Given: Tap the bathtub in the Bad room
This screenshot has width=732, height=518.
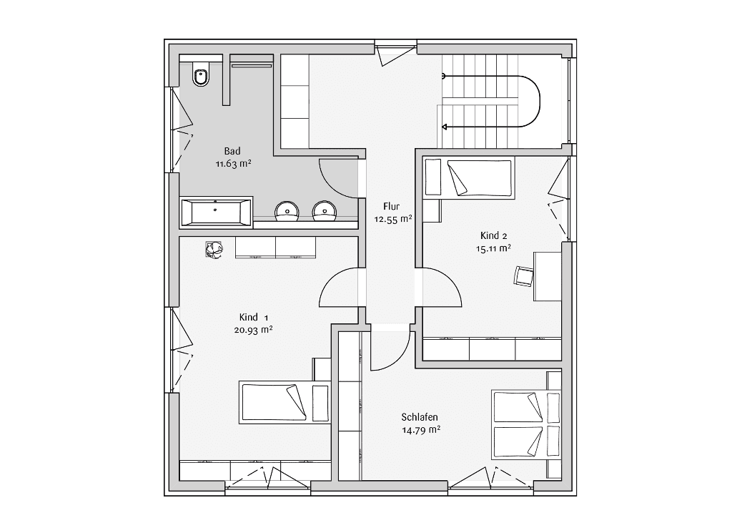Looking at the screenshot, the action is coord(216,212).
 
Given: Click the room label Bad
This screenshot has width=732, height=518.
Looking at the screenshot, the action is coord(232,151).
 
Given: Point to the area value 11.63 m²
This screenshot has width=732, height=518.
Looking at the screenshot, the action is coord(234,164).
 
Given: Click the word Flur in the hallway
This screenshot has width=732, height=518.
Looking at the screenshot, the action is coord(391,206).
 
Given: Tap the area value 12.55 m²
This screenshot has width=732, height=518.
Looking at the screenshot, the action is coord(392,219).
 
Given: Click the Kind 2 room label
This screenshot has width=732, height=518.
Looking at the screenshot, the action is coord(493,236).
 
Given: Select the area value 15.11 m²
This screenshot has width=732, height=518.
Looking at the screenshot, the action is coord(493,248).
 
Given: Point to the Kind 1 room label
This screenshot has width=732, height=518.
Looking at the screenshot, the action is coord(254,318).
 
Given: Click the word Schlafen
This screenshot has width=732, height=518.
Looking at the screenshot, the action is coord(420,417).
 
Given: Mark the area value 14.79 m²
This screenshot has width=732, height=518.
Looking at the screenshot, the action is coord(421,430).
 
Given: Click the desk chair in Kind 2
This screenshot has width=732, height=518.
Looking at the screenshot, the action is coord(523,275).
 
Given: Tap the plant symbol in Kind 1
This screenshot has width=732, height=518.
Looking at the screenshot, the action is coord(214,250).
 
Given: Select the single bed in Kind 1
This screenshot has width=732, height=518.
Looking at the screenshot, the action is coord(285,403).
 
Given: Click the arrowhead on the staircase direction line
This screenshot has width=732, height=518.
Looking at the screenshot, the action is coord(445,127).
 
